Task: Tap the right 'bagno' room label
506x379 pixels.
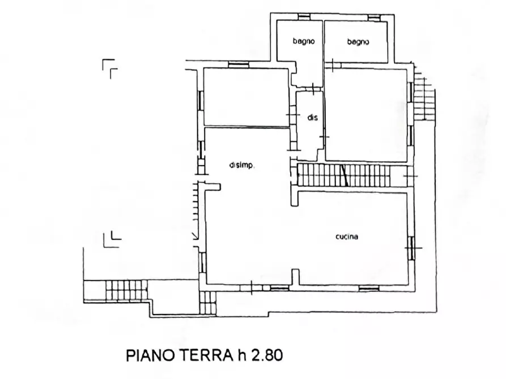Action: [x=358, y=42]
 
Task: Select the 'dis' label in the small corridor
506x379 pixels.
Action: [x=312, y=118]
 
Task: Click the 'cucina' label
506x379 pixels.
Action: [x=346, y=237]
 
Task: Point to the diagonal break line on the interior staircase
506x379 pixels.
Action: [x=344, y=175]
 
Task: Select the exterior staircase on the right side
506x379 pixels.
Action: [x=424, y=99]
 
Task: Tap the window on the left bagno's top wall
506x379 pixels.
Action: [x=304, y=16]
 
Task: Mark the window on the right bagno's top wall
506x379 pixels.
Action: [x=373, y=16]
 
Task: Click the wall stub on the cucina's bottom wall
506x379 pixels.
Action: [x=295, y=277]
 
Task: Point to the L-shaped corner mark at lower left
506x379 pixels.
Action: [x=112, y=240]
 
